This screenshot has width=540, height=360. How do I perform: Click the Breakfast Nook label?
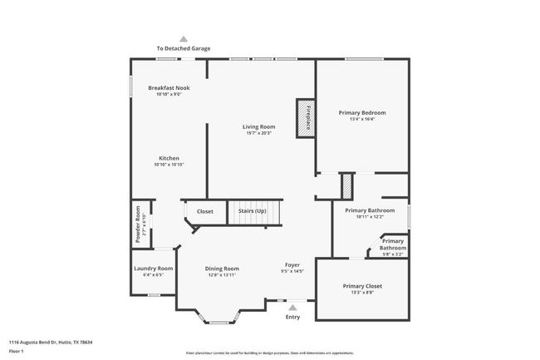tap(169, 87)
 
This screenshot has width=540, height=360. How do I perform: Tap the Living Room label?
tap(258, 126)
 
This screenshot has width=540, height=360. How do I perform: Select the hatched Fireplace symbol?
tap(304, 117)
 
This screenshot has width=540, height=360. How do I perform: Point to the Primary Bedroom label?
tap(361, 112)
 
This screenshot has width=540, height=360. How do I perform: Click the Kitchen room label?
tap(169, 158)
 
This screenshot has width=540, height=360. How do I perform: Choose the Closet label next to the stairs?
tap(204, 211)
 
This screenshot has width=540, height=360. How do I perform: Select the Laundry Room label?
tap(154, 269)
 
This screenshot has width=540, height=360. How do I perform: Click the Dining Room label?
tap(222, 269)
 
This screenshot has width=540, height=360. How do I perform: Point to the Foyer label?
tap(292, 265)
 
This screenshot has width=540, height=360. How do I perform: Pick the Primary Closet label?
tap(362, 285)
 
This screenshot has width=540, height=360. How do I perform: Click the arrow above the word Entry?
tap(292, 307)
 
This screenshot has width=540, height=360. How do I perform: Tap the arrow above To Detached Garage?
tap(184, 38)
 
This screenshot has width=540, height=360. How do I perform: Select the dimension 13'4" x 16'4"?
tap(361, 119)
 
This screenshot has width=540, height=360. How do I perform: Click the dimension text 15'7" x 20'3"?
tap(258, 133)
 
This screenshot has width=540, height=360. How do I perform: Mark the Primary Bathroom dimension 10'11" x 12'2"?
tap(370, 217)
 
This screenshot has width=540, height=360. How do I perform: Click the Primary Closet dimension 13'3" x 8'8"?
tap(362, 292)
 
